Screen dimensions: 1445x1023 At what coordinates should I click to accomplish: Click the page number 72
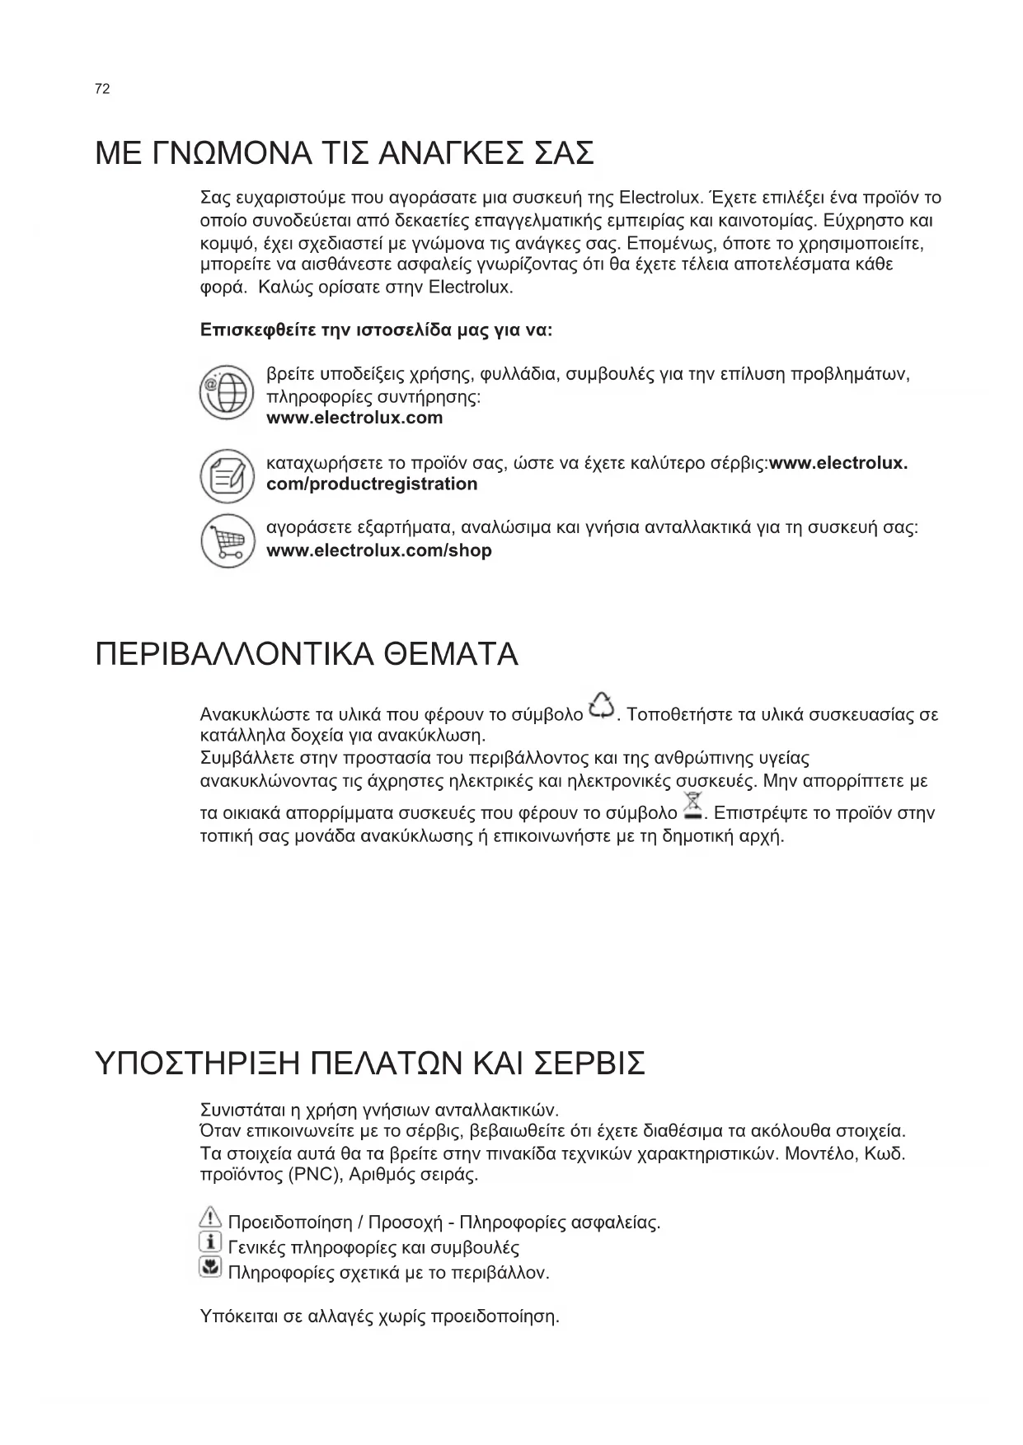click(x=102, y=89)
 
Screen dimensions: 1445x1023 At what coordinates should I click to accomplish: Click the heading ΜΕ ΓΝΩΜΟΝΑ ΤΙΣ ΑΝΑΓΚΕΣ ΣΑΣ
click(x=344, y=154)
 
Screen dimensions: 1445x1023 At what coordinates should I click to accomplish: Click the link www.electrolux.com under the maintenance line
click(x=354, y=418)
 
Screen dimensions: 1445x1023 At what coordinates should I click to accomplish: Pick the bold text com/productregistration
click(x=372, y=484)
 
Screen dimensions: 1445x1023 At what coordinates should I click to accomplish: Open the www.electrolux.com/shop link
click(x=379, y=551)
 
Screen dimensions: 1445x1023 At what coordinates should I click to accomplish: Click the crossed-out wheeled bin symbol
click(x=692, y=806)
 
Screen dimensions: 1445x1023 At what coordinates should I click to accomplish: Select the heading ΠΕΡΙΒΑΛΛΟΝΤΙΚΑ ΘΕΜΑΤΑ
click(x=307, y=655)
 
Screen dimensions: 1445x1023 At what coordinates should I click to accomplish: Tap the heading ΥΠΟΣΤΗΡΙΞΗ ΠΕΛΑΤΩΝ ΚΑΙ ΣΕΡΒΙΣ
click(x=370, y=1064)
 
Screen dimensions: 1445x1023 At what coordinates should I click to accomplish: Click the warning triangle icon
click(x=211, y=1217)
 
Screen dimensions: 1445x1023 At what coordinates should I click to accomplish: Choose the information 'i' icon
click(x=211, y=1242)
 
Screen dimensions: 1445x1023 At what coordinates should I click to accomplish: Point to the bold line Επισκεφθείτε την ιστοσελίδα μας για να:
click(x=377, y=330)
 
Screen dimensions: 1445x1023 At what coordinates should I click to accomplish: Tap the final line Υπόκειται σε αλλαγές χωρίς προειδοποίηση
click(x=380, y=1316)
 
